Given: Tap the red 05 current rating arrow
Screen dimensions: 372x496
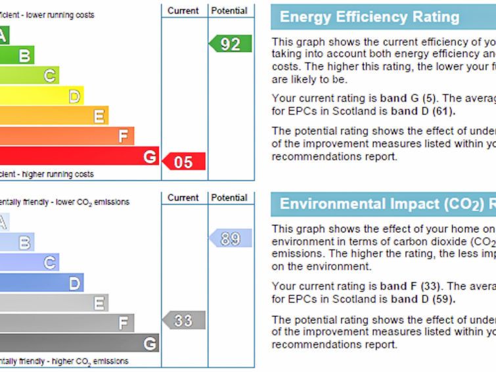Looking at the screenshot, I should tap(185, 162).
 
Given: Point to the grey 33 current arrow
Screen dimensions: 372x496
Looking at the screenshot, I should tap(185, 321).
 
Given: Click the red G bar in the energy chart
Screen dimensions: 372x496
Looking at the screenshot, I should tap(79, 156).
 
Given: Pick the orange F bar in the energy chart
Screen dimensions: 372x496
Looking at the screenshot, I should tap(66, 137).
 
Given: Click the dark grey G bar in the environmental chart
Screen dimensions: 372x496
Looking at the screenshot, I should tap(79, 343).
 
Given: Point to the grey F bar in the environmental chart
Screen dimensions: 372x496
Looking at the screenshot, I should tap(66, 323).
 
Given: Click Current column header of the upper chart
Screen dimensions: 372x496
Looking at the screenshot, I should tap(183, 11).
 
